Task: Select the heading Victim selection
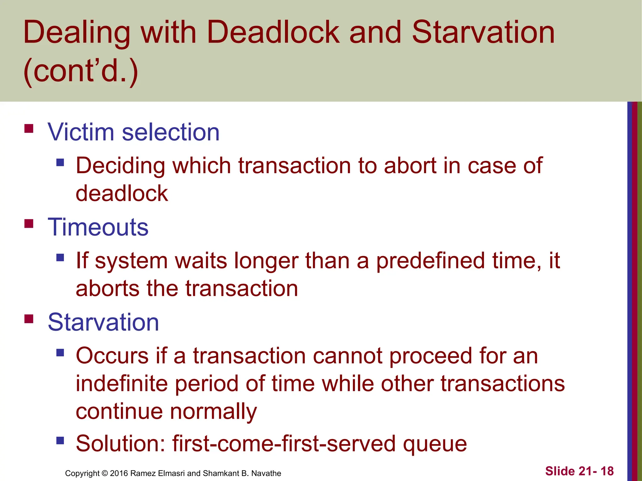point(134,132)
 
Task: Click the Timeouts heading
point(98,227)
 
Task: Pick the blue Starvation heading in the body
point(103,322)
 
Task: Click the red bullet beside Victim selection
point(29,129)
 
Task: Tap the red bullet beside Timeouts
point(29,224)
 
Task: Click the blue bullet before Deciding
point(60,162)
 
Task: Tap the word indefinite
point(122,384)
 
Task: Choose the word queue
point(435,444)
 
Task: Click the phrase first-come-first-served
point(284,444)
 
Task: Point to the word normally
point(213,411)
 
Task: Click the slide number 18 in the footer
point(607,471)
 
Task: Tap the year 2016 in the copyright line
point(119,473)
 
